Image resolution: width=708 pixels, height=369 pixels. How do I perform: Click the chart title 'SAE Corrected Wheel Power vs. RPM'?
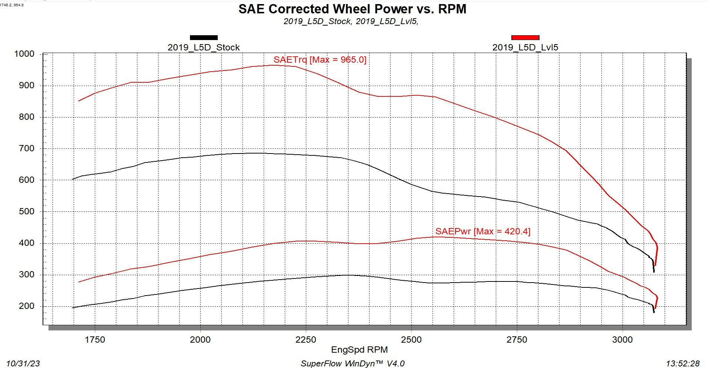point(352,9)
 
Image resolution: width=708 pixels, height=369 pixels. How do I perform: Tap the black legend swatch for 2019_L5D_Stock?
point(204,37)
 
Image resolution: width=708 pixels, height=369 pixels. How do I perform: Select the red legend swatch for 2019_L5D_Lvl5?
point(525,37)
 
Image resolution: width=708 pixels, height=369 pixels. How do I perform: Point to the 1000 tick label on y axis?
point(24,54)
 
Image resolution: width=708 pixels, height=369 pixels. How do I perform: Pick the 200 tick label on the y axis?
point(27,306)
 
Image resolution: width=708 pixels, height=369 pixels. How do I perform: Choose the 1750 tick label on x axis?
point(95,340)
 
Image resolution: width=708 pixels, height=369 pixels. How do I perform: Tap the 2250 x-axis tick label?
point(306,340)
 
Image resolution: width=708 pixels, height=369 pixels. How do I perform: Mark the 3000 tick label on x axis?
point(622,340)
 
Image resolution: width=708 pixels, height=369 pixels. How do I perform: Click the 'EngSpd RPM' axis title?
point(359,350)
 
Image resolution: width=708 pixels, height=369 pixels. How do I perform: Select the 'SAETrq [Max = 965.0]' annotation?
point(320,60)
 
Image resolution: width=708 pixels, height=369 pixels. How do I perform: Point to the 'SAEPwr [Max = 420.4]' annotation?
point(482,231)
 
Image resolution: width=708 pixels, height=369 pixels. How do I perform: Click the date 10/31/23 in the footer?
point(23,363)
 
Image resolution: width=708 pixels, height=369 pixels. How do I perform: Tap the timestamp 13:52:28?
point(682,363)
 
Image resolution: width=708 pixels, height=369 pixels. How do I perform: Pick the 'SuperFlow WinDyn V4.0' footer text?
point(352,363)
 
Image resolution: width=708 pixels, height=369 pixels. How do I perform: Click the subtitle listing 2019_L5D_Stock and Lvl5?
point(351,22)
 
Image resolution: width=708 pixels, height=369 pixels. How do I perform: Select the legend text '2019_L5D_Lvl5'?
point(525,47)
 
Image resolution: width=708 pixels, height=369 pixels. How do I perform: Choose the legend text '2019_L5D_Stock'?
point(204,47)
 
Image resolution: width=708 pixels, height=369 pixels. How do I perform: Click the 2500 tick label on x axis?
point(411,340)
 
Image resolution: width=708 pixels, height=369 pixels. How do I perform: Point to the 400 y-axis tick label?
point(27,243)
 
